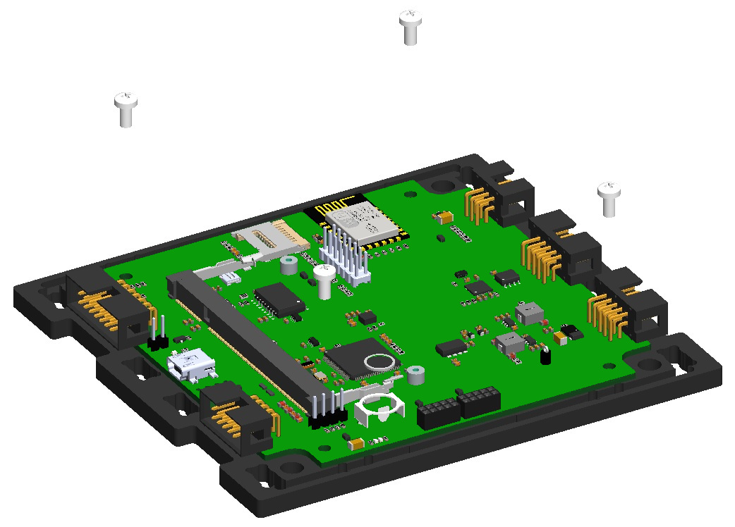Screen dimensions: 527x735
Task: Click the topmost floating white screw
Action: pos(411,27)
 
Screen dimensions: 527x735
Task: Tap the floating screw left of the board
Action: pos(126,109)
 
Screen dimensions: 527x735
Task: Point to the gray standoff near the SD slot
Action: pos(288,266)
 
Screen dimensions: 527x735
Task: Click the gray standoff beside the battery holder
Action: pos(416,376)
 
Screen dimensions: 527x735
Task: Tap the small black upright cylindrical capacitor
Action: pos(545,356)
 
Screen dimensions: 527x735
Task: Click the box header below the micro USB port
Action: pos(233,416)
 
